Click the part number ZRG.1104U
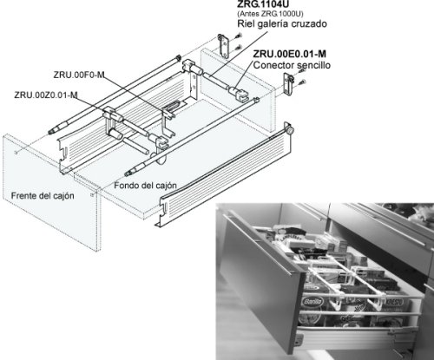[x=263, y=3]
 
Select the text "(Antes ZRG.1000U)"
[x=270, y=14]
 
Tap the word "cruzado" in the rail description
[x=309, y=23]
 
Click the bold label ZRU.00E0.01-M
[x=290, y=54]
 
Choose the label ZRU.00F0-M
[x=79, y=75]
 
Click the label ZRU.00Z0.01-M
[x=46, y=95]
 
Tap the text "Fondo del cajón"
[x=145, y=186]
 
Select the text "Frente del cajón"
[x=43, y=196]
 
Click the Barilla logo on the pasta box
[x=312, y=302]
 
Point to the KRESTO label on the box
[x=394, y=303]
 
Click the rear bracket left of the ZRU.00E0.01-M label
[x=224, y=46]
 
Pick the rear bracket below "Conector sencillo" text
[x=288, y=84]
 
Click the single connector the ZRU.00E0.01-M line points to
[x=239, y=93]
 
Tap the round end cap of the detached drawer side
[x=290, y=130]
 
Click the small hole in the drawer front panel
[x=16, y=153]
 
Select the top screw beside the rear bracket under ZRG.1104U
[x=239, y=36]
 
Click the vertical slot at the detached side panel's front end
[x=165, y=208]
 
